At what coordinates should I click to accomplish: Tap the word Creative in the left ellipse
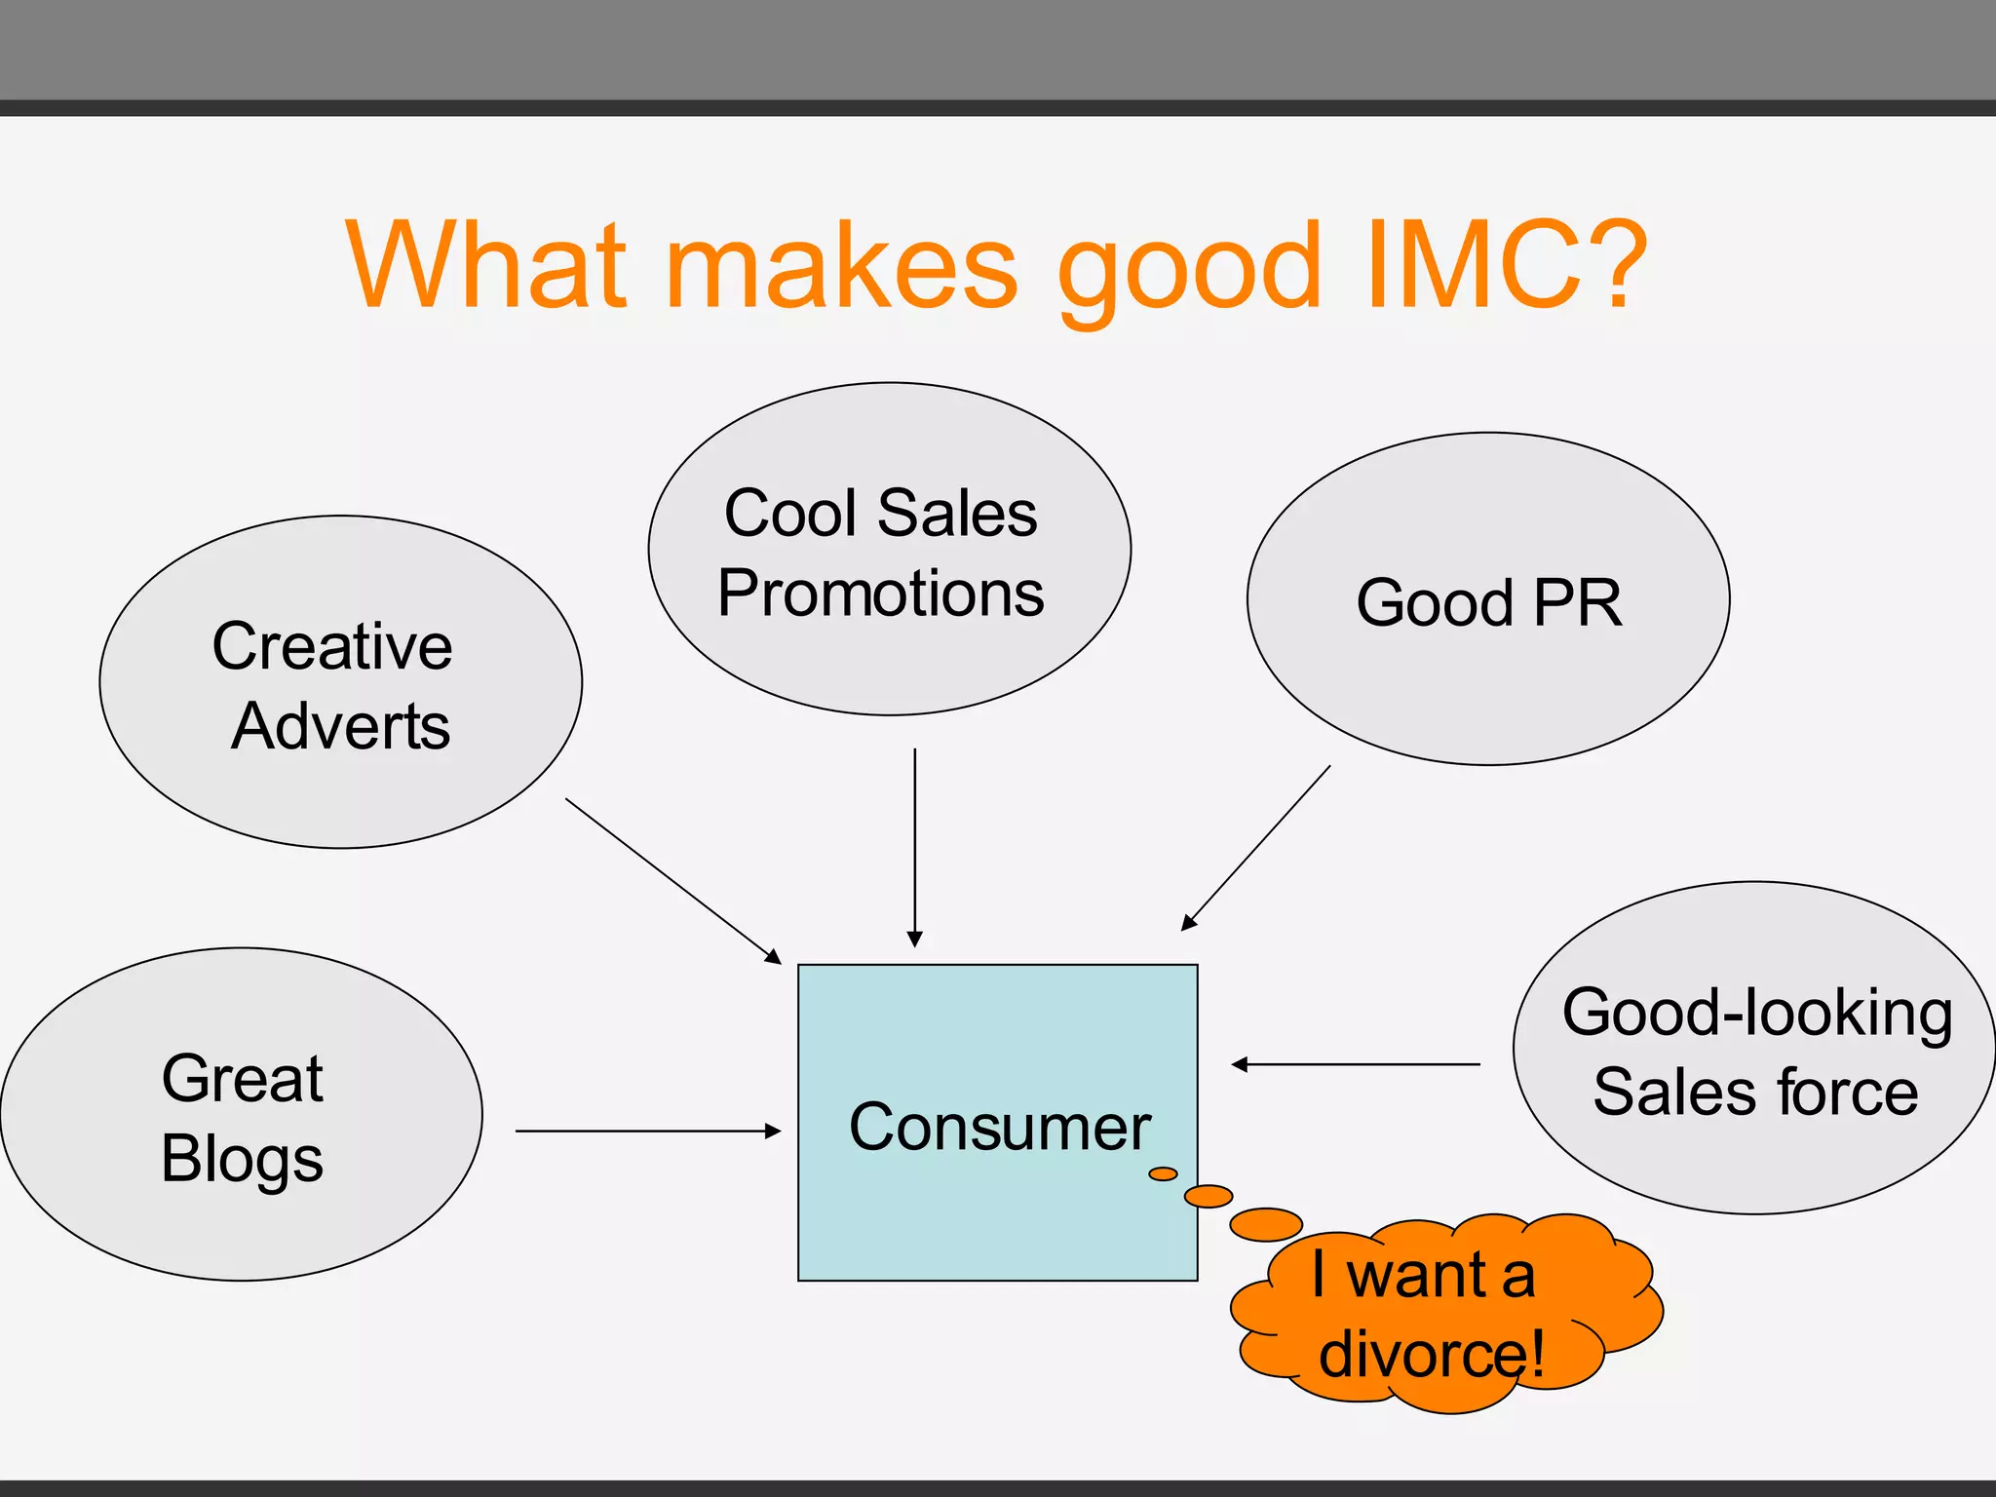coord(332,646)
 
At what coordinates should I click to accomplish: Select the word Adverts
coord(340,726)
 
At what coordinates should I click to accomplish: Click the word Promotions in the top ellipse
coord(881,593)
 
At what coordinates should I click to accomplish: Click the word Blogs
coord(242,1159)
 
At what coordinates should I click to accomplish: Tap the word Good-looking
coord(1757,1012)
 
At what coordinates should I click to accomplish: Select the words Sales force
coord(1755,1092)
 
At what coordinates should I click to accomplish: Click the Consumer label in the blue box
coord(1000,1127)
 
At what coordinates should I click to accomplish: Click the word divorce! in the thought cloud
coord(1431,1354)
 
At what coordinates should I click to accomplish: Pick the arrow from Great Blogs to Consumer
coord(648,1131)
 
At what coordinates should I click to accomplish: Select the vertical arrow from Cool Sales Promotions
coord(914,848)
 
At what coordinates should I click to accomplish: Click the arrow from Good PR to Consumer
coord(1255,848)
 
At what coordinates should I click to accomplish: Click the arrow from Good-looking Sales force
coord(1355,1064)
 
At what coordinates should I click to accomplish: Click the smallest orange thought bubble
coord(1163,1173)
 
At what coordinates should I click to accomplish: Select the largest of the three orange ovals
coord(1266,1224)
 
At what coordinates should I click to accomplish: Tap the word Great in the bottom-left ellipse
coord(242,1079)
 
